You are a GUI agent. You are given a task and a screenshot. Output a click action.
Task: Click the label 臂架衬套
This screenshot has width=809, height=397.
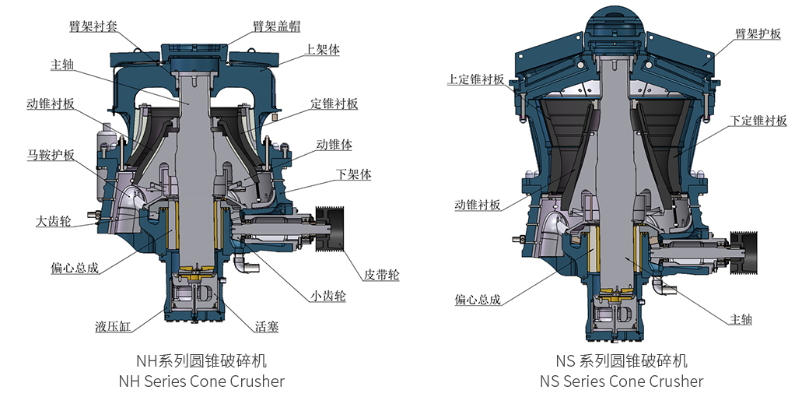pos(93,26)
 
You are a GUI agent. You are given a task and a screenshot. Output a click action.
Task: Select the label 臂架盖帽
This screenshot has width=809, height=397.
pos(276,26)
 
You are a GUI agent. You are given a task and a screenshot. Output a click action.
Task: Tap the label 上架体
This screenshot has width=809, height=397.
pos(322,49)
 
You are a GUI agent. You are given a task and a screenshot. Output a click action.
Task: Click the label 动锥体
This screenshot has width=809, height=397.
pos(334,145)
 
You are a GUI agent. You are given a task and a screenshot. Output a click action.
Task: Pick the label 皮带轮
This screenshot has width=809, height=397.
pos(381,275)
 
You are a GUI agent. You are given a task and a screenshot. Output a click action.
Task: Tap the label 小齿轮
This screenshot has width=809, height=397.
pos(327,296)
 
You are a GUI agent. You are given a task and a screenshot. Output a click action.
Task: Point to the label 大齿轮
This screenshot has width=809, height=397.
pos(54,221)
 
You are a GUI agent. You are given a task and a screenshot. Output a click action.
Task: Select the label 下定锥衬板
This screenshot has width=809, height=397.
pos(758,121)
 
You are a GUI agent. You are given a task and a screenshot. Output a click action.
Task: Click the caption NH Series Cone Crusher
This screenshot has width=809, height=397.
pos(201,381)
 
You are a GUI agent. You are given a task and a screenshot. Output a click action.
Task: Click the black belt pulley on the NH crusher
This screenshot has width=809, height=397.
pos(330,227)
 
